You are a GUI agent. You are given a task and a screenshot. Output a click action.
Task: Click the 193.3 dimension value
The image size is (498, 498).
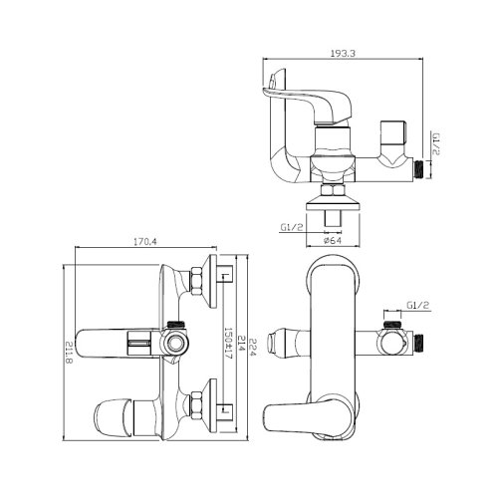pos(343,53)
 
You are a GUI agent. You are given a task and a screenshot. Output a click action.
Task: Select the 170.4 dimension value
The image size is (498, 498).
pos(144,242)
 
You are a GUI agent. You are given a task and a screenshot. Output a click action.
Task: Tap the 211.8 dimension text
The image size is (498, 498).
pos(69,353)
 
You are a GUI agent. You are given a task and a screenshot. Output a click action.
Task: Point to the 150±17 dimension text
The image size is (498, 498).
pos(228,344)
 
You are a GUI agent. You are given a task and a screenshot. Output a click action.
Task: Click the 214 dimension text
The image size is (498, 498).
pos(241,344)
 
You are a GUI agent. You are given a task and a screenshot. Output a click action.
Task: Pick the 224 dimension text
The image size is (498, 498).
pos(253,348)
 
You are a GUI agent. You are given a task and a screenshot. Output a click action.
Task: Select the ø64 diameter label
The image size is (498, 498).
pos(333,240)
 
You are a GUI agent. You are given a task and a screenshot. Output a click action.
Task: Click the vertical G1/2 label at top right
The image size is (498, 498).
pos(436,143)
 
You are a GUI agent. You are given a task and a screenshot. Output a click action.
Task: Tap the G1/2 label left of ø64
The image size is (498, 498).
pos(292,227)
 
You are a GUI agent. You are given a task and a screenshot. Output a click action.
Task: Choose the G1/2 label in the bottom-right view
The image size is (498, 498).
pos(418,306)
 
